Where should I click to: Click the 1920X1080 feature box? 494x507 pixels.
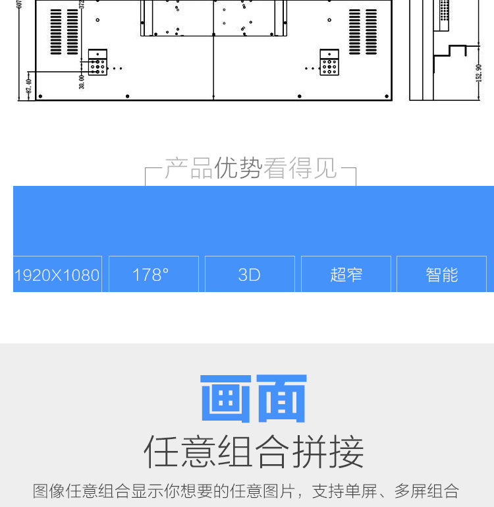(x=57, y=274)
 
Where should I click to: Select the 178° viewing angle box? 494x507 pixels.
(x=153, y=274)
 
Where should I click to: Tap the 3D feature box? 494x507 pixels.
(x=250, y=274)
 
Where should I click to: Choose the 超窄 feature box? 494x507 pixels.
(x=346, y=274)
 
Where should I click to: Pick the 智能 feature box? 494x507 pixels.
(x=442, y=274)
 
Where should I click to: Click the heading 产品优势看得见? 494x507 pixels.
(x=250, y=169)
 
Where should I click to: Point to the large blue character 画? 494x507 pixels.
(x=225, y=398)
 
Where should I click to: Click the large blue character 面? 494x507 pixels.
(x=282, y=398)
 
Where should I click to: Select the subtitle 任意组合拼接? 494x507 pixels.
(x=254, y=452)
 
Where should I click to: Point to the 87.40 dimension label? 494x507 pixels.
(x=28, y=87)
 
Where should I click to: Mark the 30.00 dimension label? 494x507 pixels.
(x=82, y=82)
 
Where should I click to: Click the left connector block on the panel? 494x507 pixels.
(x=97, y=63)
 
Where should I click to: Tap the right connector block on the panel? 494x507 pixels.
(x=329, y=63)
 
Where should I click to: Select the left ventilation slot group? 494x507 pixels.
(x=64, y=32)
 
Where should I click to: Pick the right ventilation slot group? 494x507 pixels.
(x=364, y=32)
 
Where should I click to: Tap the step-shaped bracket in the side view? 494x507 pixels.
(x=449, y=54)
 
